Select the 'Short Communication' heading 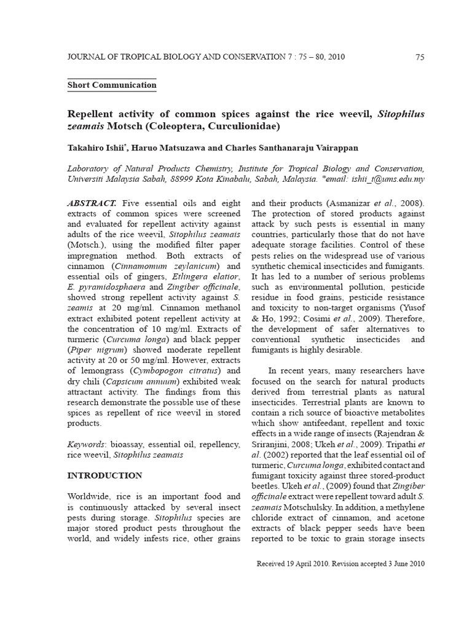pos(111,85)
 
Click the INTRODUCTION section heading pos(104,475)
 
